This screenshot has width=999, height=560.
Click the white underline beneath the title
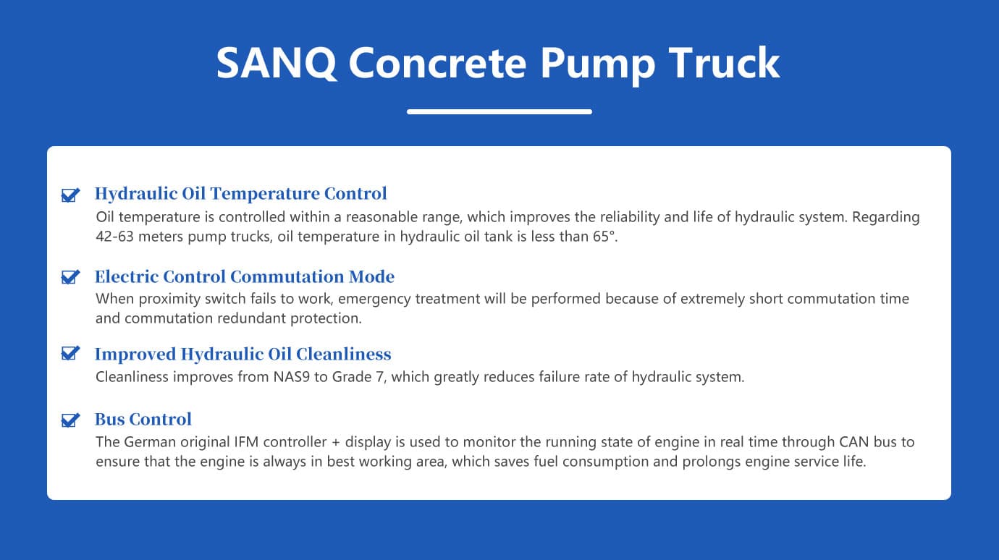499,111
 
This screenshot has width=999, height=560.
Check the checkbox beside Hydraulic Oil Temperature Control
70,195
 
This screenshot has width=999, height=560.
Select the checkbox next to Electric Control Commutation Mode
70,277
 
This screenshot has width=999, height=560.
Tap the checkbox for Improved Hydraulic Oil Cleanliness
70,354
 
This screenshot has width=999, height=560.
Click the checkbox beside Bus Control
70,420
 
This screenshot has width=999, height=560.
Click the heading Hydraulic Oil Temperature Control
240,194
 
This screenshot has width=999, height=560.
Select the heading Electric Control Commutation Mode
244,276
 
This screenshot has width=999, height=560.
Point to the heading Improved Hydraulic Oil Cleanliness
243,354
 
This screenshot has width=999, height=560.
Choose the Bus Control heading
143,420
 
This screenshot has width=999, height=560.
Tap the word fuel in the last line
576,462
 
